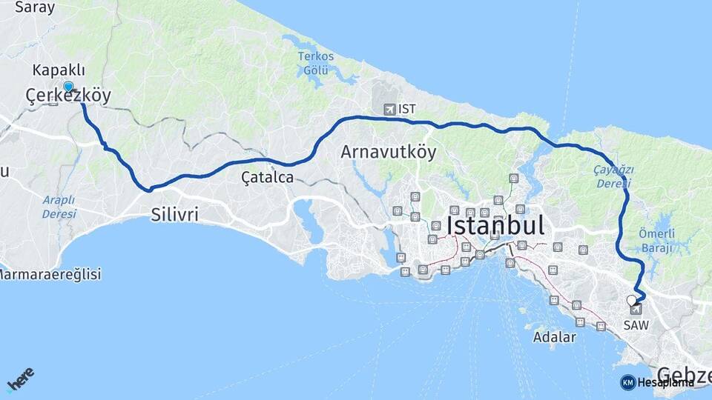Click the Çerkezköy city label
pos(68,96)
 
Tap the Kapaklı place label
pos(59,70)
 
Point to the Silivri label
pos(174,215)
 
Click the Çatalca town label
pos(267,178)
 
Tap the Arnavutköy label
pos(388,153)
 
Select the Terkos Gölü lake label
pos(316,64)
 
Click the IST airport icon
pos(389,110)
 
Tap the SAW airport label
pos(636,325)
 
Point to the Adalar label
pos(554,338)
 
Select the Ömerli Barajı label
pos(657,241)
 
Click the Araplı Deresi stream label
pos(59,207)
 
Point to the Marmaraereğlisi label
pos(49,274)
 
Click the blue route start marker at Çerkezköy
pos(68,86)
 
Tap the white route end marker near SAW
pos(631,300)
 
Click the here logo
pos(20,380)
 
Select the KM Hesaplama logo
pos(657,382)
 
